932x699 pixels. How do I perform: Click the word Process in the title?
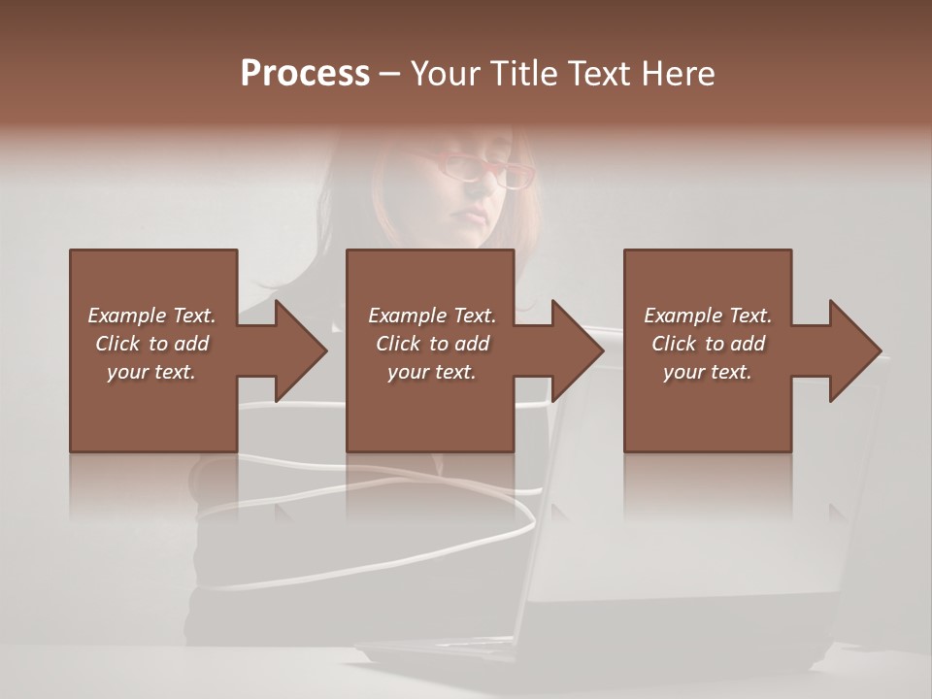point(305,74)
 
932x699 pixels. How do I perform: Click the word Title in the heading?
point(521,74)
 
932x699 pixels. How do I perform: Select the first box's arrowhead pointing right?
point(297,350)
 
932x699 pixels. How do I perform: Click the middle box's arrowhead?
point(575,350)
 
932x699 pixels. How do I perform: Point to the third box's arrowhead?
point(852,350)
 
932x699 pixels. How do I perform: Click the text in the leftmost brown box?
point(151,344)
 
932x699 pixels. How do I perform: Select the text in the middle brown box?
point(431,344)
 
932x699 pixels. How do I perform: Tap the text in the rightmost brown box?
point(707,344)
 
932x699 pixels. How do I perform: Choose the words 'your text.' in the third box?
point(707,372)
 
